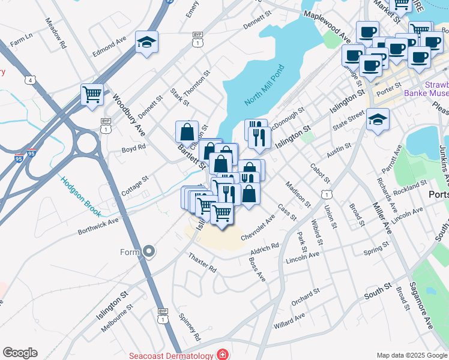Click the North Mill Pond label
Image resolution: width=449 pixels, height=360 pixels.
(x=264, y=85)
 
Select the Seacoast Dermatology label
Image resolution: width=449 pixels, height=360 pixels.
(x=171, y=355)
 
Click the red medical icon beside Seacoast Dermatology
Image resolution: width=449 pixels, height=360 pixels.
(x=223, y=355)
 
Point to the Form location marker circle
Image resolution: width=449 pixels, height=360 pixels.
(x=149, y=252)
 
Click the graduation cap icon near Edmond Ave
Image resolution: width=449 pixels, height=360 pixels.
(x=146, y=43)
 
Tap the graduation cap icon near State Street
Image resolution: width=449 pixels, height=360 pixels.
(x=378, y=119)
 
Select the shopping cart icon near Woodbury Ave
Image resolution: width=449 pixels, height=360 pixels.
(x=92, y=94)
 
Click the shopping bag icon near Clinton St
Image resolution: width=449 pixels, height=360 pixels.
(x=187, y=131)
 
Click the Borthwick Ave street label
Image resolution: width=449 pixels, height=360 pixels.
(x=98, y=226)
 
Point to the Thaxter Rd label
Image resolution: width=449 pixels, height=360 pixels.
(x=202, y=262)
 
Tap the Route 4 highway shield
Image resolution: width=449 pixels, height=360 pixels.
(x=29, y=80)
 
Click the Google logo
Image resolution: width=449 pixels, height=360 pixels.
(x=20, y=353)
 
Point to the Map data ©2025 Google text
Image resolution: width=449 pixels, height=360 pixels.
(x=411, y=355)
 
